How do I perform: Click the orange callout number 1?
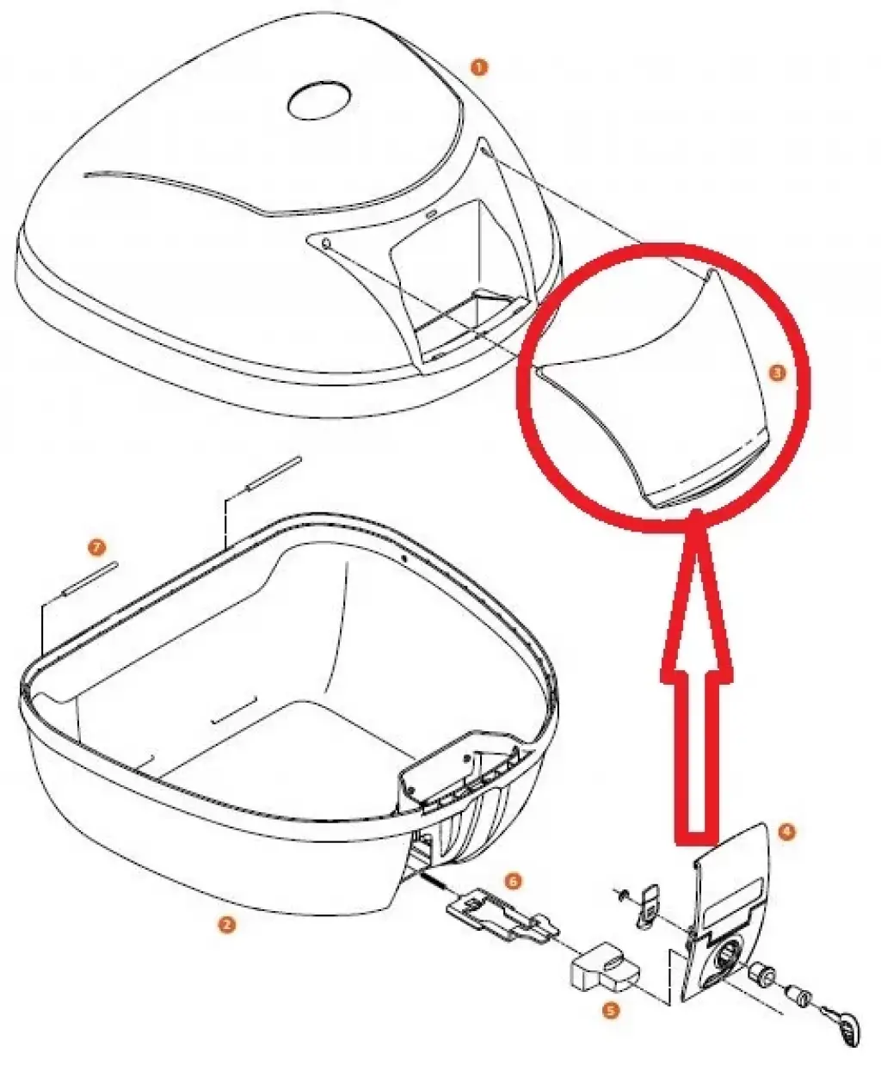(x=478, y=67)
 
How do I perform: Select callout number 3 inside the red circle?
(x=778, y=373)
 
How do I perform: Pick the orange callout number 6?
(x=514, y=881)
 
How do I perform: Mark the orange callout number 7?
(x=96, y=547)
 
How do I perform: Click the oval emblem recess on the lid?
(x=319, y=100)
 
